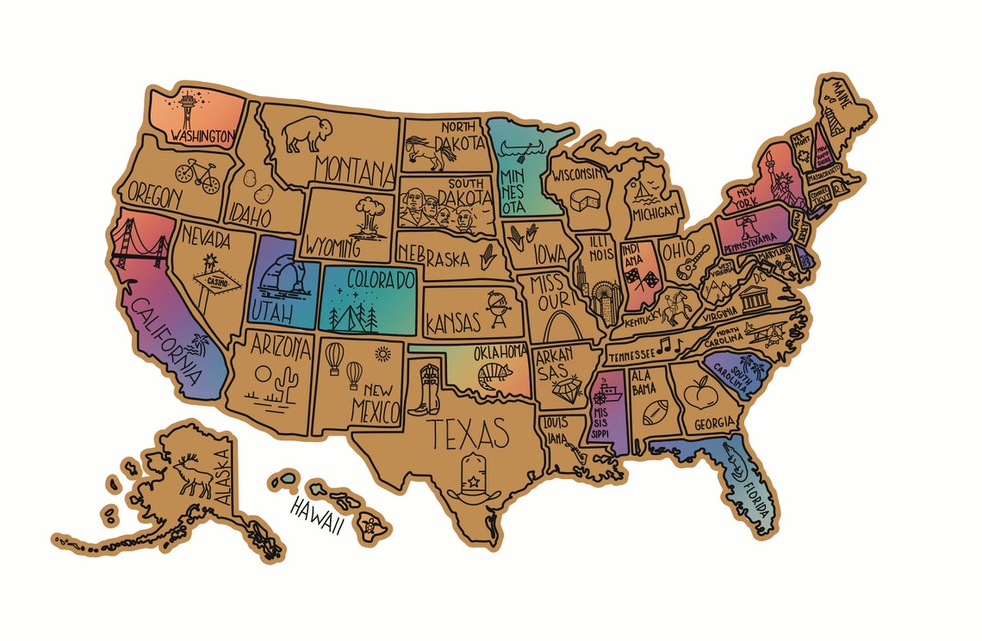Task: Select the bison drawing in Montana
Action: point(307,134)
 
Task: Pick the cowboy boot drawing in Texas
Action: point(428,389)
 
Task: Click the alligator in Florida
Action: point(740,469)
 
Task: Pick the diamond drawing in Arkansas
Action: point(563,394)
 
